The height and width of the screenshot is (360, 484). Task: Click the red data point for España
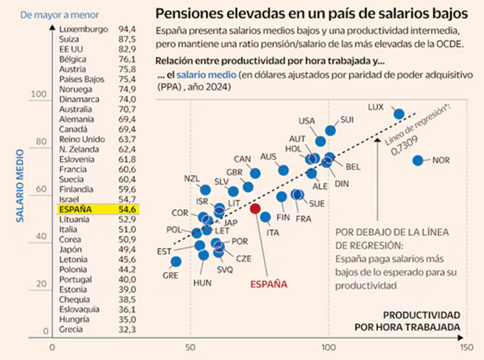tap(255, 208)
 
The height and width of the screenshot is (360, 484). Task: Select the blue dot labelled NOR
tap(418, 160)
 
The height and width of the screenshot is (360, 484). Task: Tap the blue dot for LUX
tap(399, 114)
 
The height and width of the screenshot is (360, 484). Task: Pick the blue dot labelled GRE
tap(176, 261)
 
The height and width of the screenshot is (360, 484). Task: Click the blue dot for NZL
tap(205, 190)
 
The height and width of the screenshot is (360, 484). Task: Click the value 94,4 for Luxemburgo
tap(127, 28)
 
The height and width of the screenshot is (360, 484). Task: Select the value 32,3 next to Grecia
tap(127, 330)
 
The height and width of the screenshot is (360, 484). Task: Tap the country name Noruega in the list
tap(76, 89)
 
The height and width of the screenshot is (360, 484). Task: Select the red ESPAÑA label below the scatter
tap(268, 284)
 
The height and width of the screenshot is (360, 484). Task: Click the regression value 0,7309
tap(406, 151)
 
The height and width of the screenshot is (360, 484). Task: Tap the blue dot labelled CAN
tap(255, 173)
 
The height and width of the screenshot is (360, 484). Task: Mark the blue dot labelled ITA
tap(265, 218)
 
